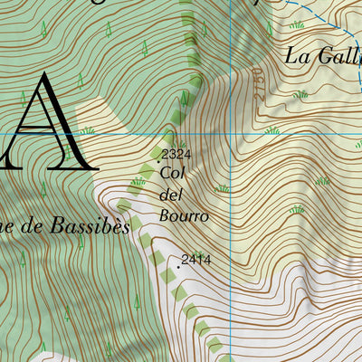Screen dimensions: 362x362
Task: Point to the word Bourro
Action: point(184,216)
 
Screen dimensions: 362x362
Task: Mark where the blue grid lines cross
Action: point(232,135)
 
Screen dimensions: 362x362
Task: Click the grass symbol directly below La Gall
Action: point(300,94)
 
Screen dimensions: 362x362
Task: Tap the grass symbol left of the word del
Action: point(138,182)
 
